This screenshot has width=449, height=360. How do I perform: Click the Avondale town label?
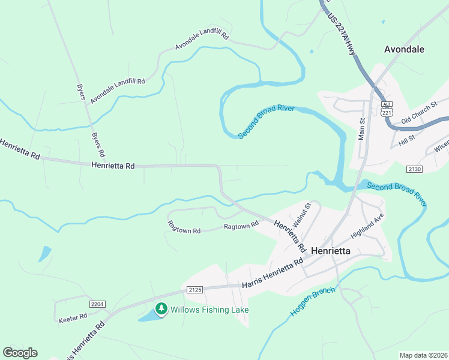404,49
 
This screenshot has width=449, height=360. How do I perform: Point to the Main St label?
362,129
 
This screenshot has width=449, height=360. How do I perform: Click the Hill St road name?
407,140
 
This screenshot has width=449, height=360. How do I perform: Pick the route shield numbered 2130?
414,169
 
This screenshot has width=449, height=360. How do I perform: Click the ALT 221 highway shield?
387,109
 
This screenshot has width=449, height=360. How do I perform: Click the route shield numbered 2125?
195,289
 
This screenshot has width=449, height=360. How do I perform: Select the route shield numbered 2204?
97,305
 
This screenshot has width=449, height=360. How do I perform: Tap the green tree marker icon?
161,309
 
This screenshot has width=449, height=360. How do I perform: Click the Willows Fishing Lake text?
209,310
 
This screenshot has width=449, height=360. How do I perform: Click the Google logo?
20,353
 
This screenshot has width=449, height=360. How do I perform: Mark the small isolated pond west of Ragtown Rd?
44,254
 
